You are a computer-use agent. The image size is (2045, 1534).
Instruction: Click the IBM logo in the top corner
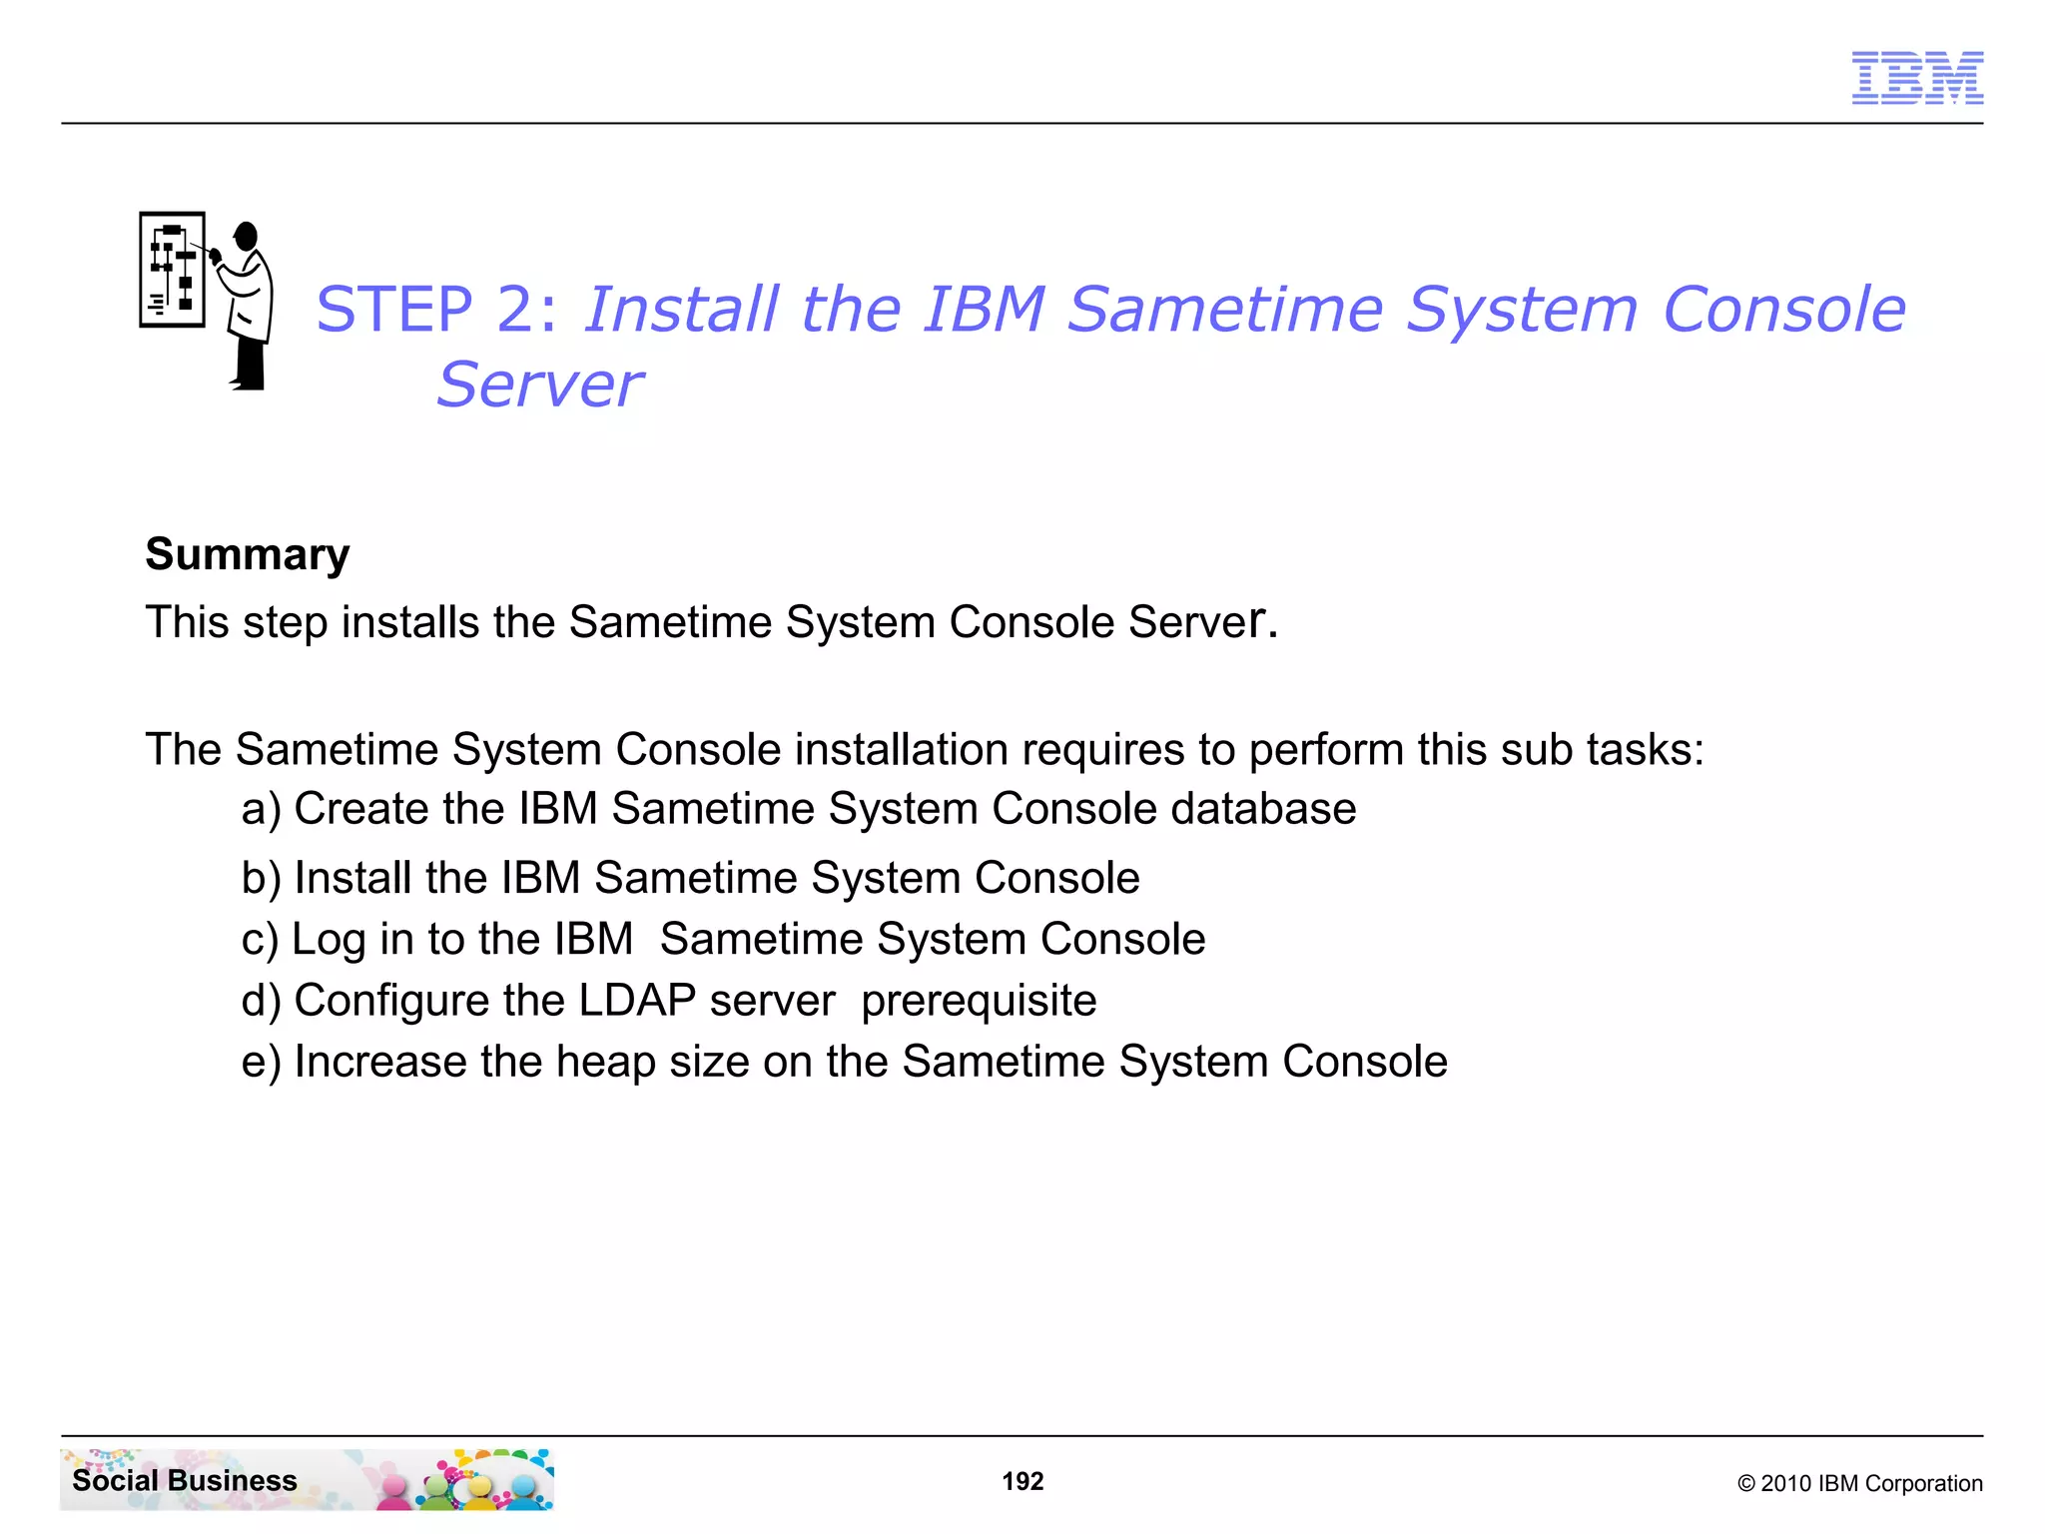(x=1916, y=78)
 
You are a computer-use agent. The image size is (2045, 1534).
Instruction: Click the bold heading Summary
(x=247, y=554)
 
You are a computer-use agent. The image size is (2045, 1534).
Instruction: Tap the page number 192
(x=1022, y=1481)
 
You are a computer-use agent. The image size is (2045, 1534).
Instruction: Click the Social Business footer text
(x=185, y=1480)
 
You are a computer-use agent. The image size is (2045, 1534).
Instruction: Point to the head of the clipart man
(x=246, y=237)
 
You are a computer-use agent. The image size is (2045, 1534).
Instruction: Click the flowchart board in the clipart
(x=172, y=270)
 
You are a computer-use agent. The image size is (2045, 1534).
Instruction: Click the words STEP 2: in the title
(x=436, y=309)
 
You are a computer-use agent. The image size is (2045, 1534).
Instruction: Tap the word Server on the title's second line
(x=540, y=385)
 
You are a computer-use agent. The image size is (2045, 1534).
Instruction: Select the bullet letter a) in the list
(x=261, y=809)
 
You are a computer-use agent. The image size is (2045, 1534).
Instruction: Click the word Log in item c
(x=329, y=940)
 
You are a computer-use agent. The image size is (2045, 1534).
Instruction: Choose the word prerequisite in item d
(x=979, y=1001)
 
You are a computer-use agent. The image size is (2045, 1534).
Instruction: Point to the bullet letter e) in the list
(x=261, y=1062)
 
